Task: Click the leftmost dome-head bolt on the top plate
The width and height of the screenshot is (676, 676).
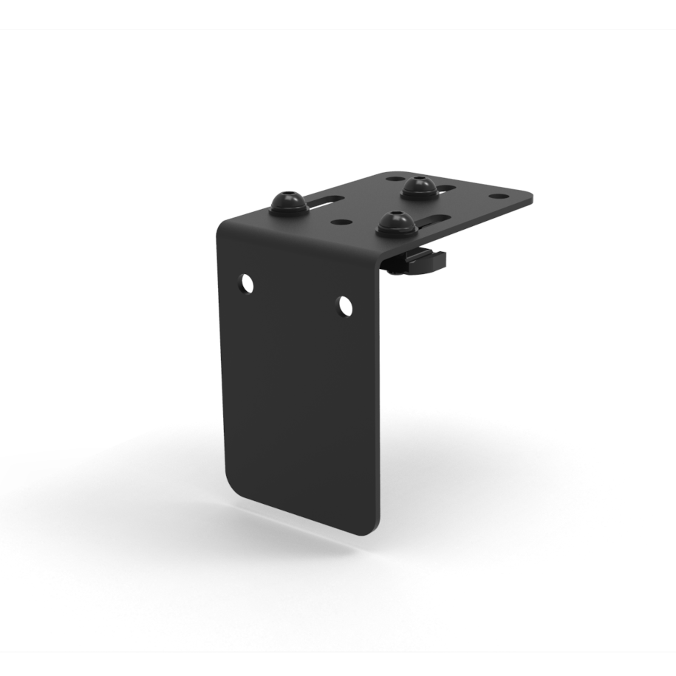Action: [x=287, y=203]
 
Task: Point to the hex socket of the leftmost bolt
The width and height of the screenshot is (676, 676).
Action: [x=288, y=197]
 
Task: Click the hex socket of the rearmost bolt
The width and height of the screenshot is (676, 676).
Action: [x=419, y=180]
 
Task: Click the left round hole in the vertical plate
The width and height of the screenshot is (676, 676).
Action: [x=247, y=282]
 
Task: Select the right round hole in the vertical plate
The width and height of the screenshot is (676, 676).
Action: [x=345, y=304]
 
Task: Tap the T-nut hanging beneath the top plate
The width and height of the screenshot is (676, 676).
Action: [x=417, y=260]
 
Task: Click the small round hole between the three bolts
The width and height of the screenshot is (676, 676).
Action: [x=341, y=221]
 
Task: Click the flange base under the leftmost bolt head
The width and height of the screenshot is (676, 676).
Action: [x=287, y=211]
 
